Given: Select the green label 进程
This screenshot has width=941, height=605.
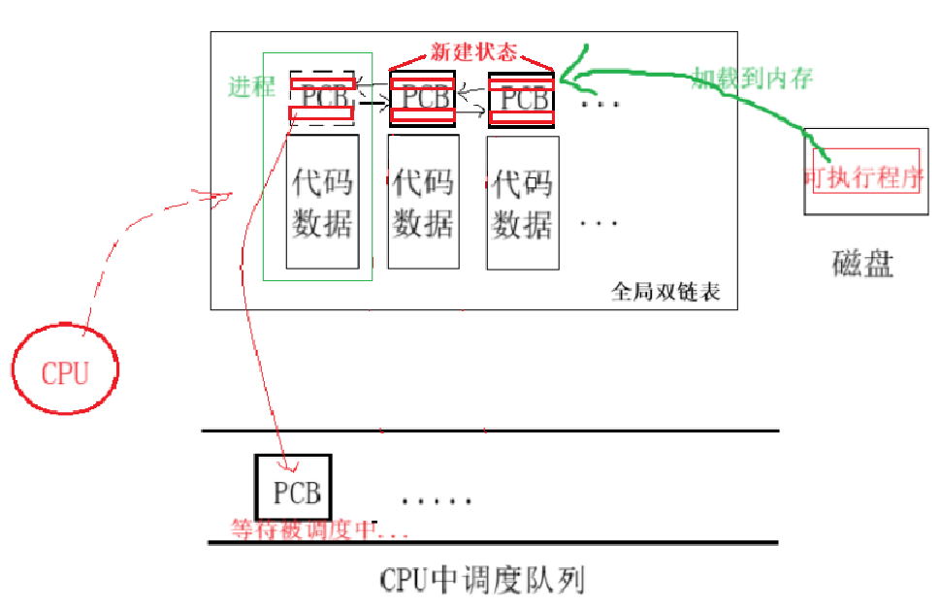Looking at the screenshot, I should (x=251, y=87).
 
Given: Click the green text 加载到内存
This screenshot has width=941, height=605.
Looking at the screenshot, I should (x=752, y=78).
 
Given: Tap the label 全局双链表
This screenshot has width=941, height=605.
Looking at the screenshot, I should (x=666, y=291).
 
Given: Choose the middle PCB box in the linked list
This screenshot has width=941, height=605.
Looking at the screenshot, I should (x=421, y=98).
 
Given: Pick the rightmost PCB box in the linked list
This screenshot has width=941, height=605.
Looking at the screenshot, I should (x=521, y=98).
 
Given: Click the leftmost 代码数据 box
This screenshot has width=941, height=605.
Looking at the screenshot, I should (x=323, y=202).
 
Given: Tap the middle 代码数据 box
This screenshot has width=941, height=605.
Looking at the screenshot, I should (x=423, y=202).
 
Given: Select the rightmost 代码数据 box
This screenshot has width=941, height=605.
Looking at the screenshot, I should (x=523, y=202).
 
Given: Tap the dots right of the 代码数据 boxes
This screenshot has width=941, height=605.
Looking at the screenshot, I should (x=600, y=224).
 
